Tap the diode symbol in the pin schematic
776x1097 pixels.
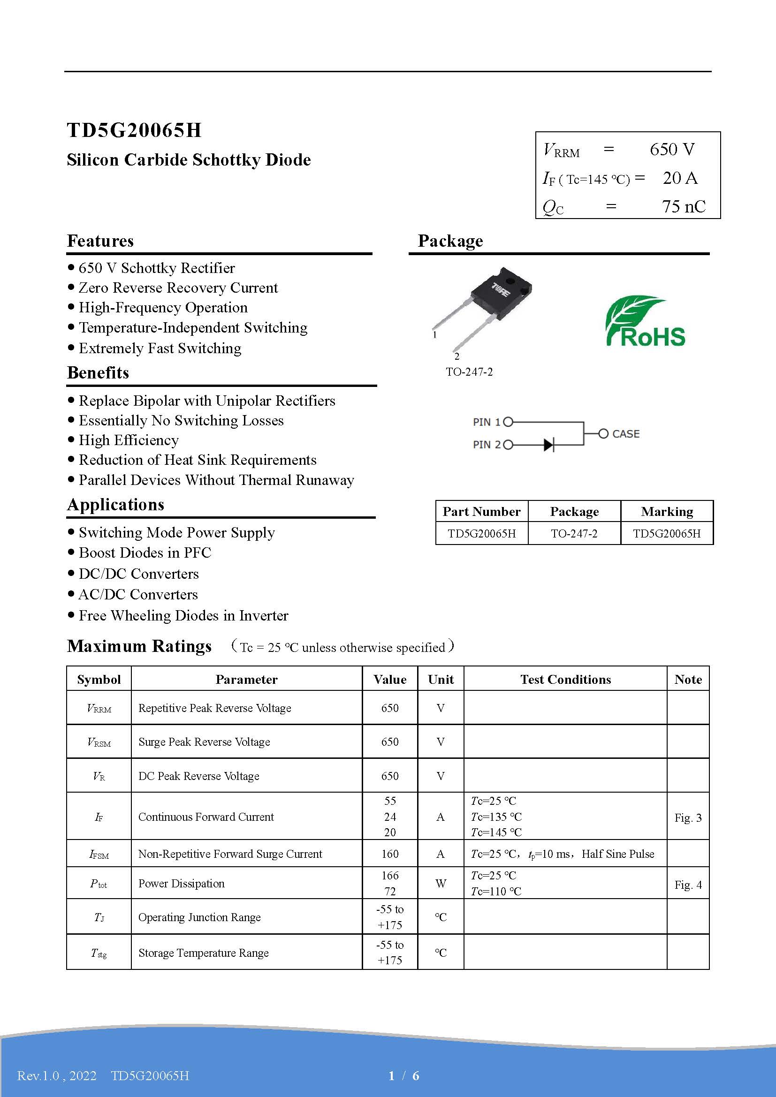click(x=548, y=445)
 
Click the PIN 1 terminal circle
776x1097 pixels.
click(x=508, y=422)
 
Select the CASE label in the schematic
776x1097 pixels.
click(x=625, y=434)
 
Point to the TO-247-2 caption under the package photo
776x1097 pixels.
click(x=469, y=372)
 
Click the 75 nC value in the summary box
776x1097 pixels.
click(x=683, y=206)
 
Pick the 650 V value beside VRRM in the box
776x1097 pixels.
click(x=672, y=150)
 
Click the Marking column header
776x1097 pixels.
click(x=667, y=512)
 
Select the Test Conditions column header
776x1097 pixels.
click(x=565, y=680)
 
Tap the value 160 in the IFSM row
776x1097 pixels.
click(x=390, y=854)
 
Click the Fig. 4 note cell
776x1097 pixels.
click(x=688, y=885)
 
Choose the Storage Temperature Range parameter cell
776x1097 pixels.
click(x=204, y=953)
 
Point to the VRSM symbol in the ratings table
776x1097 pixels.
click(x=99, y=742)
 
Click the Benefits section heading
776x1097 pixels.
click(x=98, y=373)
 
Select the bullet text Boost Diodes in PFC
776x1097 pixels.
click(x=145, y=553)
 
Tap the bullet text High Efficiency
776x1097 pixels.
click(x=129, y=440)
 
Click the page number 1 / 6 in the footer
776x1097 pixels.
click(x=404, y=1075)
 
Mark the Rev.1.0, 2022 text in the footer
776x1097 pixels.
click(x=57, y=1075)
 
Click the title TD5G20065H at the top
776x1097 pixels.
click(x=134, y=130)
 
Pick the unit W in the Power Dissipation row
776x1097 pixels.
click(x=441, y=884)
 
